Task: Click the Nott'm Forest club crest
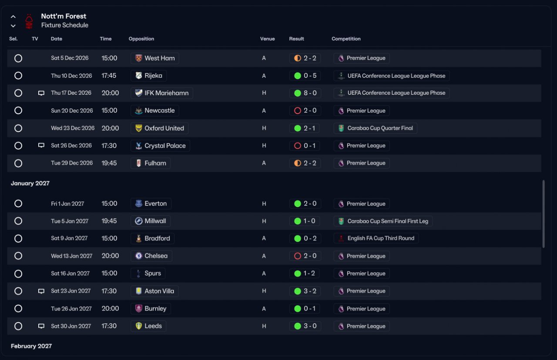[29, 21]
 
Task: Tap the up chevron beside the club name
[13, 17]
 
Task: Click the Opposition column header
[141, 39]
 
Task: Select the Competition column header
[346, 39]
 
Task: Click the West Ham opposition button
[154, 58]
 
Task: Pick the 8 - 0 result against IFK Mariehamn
[305, 93]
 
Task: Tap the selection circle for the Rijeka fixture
[18, 76]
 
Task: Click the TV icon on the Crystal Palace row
[41, 145]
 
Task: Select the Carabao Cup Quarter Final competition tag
[375, 128]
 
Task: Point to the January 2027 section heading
[30, 183]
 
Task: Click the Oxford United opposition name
[164, 128]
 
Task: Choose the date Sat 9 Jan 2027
[69, 238]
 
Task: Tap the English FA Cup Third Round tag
[376, 238]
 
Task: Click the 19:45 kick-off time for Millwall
[109, 221]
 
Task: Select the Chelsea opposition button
[151, 256]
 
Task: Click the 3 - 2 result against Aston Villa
[305, 291]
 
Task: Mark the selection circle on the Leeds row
[18, 326]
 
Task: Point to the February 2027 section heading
[31, 346]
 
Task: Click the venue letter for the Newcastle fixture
[264, 110]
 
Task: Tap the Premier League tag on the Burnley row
[362, 309]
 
